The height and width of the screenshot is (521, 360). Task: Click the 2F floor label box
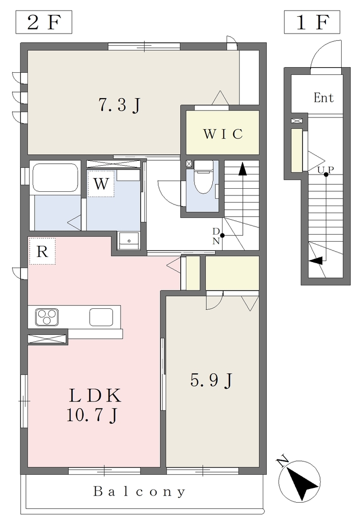tap(44, 22)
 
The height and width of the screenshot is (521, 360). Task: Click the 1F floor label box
tap(312, 22)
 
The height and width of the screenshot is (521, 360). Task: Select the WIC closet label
tap(223, 134)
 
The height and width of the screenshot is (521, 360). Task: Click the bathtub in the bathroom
tap(56, 179)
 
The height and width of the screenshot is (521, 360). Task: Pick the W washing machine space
tap(101, 183)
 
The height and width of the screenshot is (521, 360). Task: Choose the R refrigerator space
tap(42, 251)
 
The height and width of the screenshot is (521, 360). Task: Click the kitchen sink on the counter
tap(101, 317)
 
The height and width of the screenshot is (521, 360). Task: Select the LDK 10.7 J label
tap(94, 405)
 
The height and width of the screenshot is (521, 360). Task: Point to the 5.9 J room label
tap(211, 380)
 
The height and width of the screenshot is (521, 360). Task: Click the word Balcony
tap(139, 491)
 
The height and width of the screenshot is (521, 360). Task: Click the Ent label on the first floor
tap(323, 98)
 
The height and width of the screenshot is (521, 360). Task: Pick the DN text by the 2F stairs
tap(216, 236)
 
